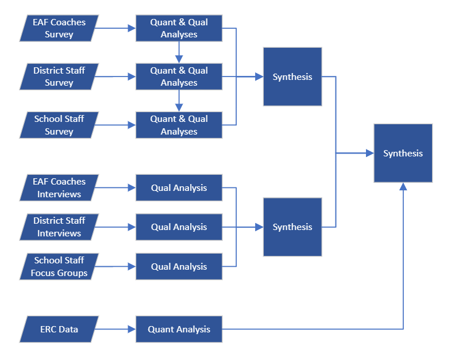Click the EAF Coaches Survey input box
click(x=59, y=28)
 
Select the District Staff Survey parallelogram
click(x=59, y=76)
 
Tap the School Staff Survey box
click(x=59, y=125)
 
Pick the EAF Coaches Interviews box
click(x=59, y=187)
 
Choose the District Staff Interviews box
click(x=59, y=227)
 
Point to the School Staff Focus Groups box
click(x=59, y=266)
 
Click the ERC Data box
click(x=59, y=330)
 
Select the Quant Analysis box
click(x=179, y=330)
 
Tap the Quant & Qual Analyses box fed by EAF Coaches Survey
click(x=179, y=28)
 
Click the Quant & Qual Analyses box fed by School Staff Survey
click(x=179, y=125)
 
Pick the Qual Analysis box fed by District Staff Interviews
click(x=179, y=227)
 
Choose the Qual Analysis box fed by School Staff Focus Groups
click(x=179, y=266)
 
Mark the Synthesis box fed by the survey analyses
click(x=292, y=76)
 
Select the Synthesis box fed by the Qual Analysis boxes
click(x=292, y=227)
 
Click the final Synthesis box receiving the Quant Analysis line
click(x=403, y=153)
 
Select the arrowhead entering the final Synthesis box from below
click(x=403, y=187)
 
